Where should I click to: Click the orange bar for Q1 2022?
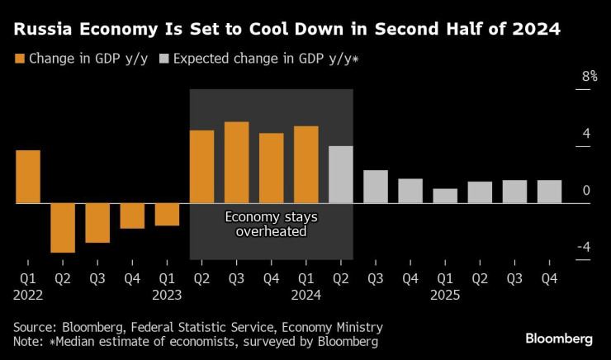tap(28, 177)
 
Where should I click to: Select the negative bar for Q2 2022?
tap(63, 228)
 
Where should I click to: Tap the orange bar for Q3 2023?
tap(237, 163)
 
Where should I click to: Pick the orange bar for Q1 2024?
tap(306, 164)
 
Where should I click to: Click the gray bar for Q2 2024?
tap(341, 174)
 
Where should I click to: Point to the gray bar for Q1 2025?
tap(445, 196)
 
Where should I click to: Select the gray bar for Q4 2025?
tap(549, 192)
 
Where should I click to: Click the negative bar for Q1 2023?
tap(167, 215)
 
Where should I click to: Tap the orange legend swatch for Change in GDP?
tap(19, 59)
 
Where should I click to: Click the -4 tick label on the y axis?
tap(583, 247)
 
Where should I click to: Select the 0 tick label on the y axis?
tap(586, 191)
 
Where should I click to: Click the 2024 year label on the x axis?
tap(306, 295)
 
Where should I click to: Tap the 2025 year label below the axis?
tap(445, 295)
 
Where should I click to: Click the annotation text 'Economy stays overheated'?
tap(272, 224)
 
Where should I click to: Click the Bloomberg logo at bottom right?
tap(559, 339)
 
